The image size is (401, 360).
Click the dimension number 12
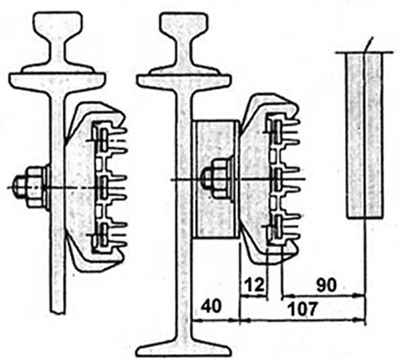pos(254,285)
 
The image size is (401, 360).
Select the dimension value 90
pos(327,285)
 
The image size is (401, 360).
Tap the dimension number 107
pos(302,309)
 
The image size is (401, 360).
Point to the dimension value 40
pos(211,306)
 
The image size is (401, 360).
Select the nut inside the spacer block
pos(221,179)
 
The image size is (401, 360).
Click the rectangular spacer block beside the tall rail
pos(217,180)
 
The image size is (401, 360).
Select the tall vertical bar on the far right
pos(365,136)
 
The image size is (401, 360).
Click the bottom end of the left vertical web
pos(57,311)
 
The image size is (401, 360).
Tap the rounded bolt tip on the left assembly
pos(18,187)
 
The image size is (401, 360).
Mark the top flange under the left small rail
pos(57,81)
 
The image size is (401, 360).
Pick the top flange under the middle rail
pos(184,81)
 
